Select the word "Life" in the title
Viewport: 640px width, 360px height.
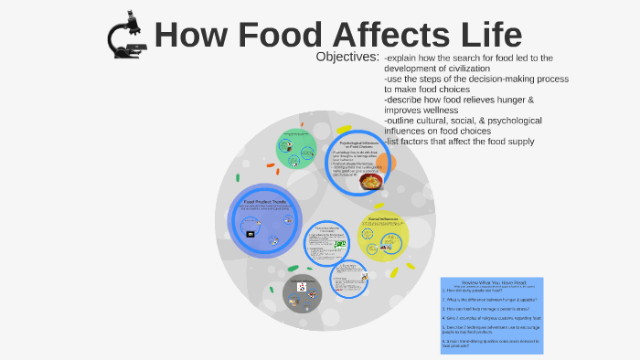click(x=489, y=36)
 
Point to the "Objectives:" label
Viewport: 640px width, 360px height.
click(x=347, y=57)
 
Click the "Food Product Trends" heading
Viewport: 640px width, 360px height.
click(x=266, y=202)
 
